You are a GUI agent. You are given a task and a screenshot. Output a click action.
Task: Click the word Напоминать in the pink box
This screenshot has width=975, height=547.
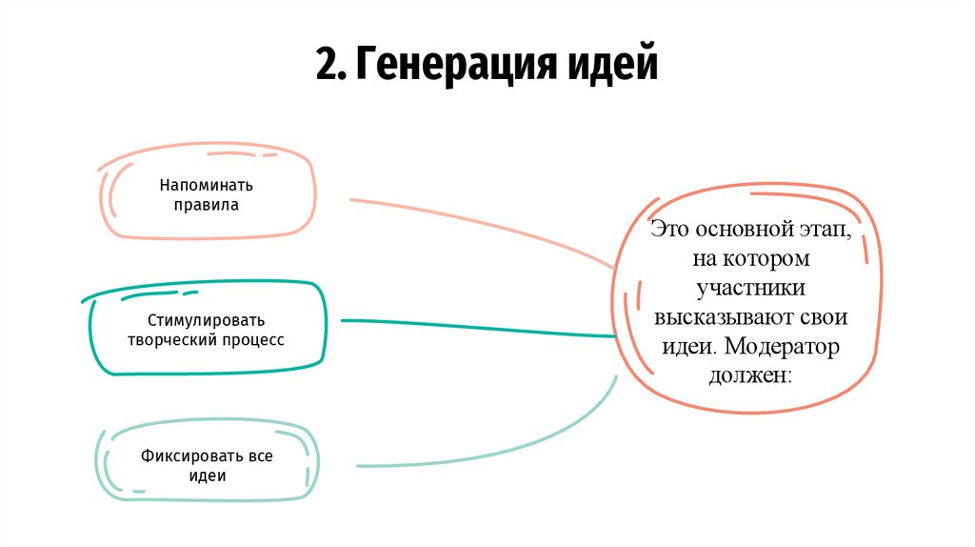[x=206, y=185]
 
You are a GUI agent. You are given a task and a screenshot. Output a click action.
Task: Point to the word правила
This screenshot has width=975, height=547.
[x=206, y=204]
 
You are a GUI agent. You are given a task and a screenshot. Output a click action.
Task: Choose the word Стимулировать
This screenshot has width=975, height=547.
[x=207, y=319]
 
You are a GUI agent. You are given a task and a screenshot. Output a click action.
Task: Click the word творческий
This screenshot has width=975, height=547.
[x=174, y=338]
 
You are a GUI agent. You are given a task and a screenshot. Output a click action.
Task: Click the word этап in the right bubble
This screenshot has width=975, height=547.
[x=826, y=231]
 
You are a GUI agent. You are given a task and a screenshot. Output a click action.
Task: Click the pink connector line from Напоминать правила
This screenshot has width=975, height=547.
[x=476, y=223]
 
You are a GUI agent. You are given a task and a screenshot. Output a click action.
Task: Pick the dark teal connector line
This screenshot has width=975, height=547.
[x=476, y=327]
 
